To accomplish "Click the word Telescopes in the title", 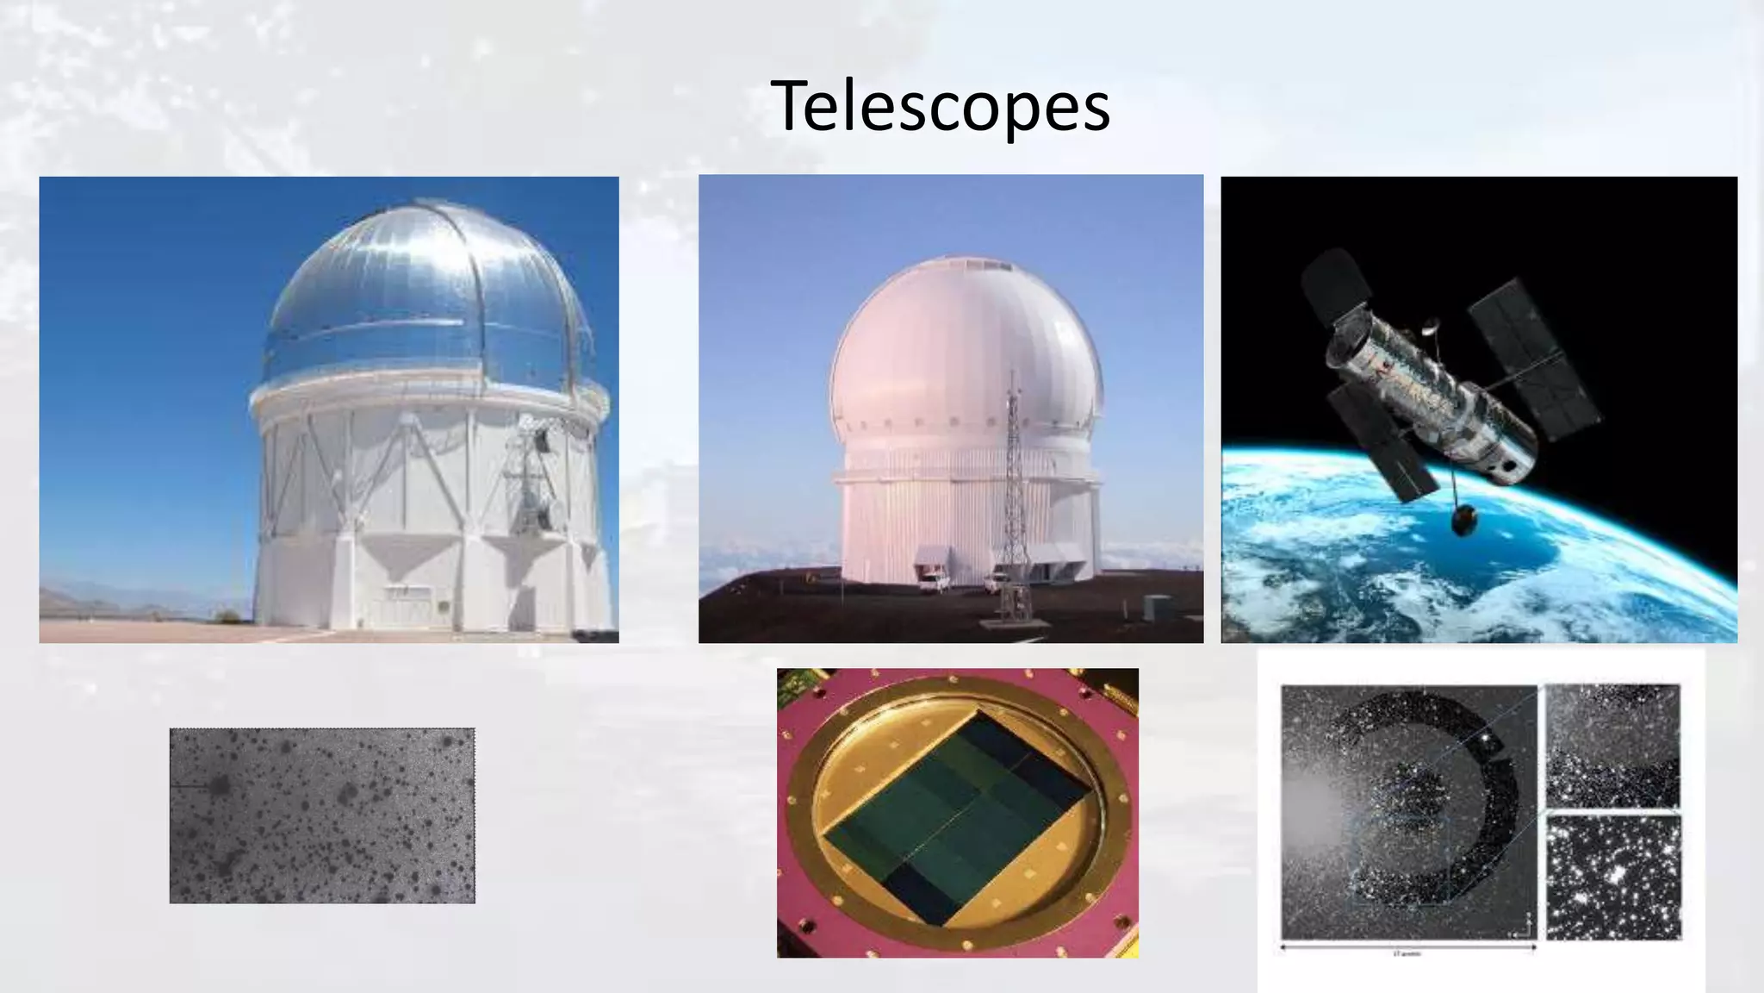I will point(940,106).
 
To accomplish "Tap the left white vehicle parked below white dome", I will point(933,582).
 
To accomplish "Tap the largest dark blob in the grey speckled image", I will point(219,785).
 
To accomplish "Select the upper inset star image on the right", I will point(1612,746).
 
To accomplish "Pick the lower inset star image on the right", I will point(1612,877).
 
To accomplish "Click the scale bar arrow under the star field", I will point(1408,948).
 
